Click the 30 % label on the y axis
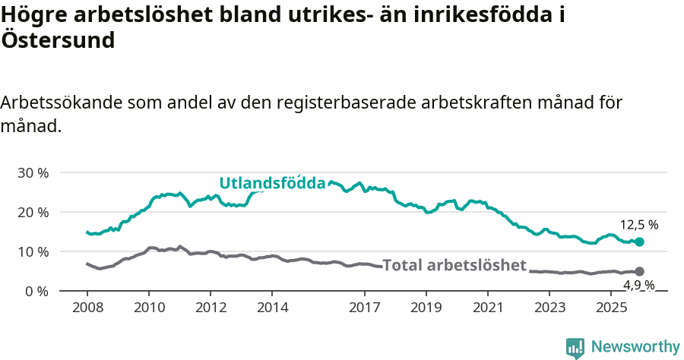[32, 172]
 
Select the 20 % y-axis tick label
[32, 212]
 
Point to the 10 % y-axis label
[32, 251]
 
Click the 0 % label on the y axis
[36, 291]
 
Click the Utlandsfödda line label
[272, 183]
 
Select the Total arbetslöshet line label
[454, 265]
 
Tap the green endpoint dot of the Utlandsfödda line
[639, 242]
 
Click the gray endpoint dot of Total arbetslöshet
[639, 271]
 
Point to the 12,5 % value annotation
[638, 225]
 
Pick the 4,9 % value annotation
[638, 286]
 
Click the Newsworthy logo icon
[575, 347]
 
